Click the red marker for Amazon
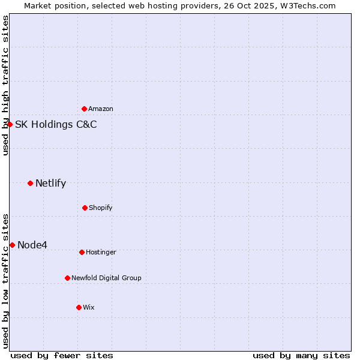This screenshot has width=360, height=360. pos(85,109)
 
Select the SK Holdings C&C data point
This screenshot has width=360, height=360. pos(10,124)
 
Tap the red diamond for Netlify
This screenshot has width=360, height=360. pos(31,183)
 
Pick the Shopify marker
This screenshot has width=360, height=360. pos(85,208)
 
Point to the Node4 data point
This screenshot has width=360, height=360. pos(13,245)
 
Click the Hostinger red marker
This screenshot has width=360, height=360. pos(82,252)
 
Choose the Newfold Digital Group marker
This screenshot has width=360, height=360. pos(67,278)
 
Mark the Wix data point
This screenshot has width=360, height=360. pos(79,307)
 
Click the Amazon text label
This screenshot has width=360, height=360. pos(101,109)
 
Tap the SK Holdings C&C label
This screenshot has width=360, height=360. pos(56,125)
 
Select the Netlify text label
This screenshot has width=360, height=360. pos(50,184)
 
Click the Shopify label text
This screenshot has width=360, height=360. pos(101,208)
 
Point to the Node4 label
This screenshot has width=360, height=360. pos(32,245)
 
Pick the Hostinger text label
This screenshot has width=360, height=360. pos(101,252)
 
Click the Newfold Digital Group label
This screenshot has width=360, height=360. pos(106,278)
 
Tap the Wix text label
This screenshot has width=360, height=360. pos(89,307)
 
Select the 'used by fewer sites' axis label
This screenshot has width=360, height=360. pos(62,355)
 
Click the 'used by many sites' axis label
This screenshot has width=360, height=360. pos(301,355)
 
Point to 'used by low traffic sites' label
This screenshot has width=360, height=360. pos(5,281)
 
